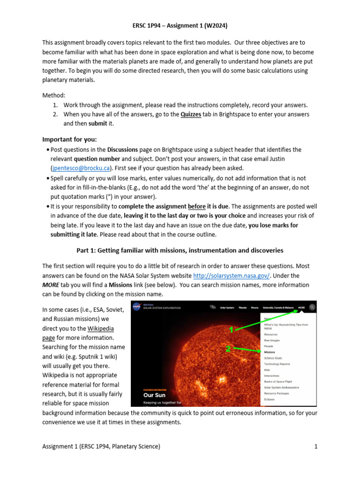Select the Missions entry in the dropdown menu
tap(270, 352)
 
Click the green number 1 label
tap(231, 330)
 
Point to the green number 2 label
tap(229, 349)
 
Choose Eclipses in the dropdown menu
tap(270, 399)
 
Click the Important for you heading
tap(69, 139)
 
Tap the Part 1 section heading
tap(180, 250)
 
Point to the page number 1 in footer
tap(316, 446)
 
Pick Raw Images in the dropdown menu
tap(272, 340)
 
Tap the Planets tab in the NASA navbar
tap(243, 307)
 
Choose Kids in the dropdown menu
tap(267, 370)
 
